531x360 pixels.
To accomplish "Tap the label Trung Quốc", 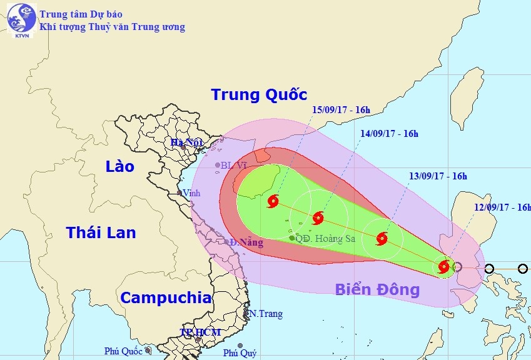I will (x=259, y=95).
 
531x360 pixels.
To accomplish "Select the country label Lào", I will (x=120, y=166).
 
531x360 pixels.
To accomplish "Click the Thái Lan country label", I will (x=101, y=232).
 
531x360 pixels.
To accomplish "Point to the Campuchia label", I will (x=166, y=298).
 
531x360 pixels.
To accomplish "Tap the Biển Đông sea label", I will (x=377, y=289).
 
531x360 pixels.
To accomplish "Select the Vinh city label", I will (x=191, y=193).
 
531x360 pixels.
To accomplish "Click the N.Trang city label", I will (x=265, y=314).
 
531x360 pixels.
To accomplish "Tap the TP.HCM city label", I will (x=200, y=332).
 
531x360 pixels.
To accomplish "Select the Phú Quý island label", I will (x=240, y=353).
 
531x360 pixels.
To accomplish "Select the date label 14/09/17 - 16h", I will (x=389, y=133).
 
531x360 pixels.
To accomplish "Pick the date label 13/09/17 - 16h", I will (x=438, y=176).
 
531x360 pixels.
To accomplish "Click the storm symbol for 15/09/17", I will (x=273, y=201).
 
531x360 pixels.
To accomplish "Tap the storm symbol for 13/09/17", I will (x=382, y=238).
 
